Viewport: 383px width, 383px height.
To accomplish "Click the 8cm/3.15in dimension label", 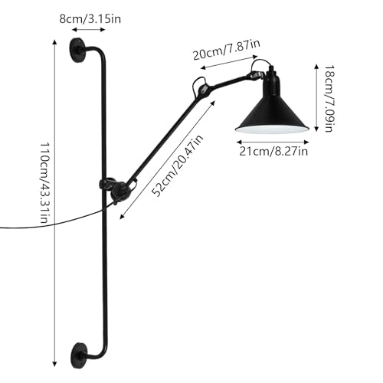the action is [90, 19].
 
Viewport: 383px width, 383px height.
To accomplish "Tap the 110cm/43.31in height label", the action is [44, 183].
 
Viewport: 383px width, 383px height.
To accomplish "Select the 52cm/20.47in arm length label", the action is [177, 165].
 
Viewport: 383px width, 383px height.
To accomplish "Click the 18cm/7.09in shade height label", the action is [329, 99].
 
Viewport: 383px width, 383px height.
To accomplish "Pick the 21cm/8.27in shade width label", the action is [273, 152].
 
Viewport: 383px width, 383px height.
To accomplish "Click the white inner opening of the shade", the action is [273, 129].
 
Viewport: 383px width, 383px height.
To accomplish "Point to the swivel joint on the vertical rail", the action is [114, 189].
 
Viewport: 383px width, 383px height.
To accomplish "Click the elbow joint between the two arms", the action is [202, 88].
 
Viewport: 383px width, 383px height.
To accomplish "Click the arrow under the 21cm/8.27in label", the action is [273, 142].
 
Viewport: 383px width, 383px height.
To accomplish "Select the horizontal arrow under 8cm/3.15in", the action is [89, 30].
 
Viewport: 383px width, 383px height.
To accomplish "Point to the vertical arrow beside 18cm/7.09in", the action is [316, 98].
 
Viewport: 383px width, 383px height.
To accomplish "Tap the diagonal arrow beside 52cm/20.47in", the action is [168, 160].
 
